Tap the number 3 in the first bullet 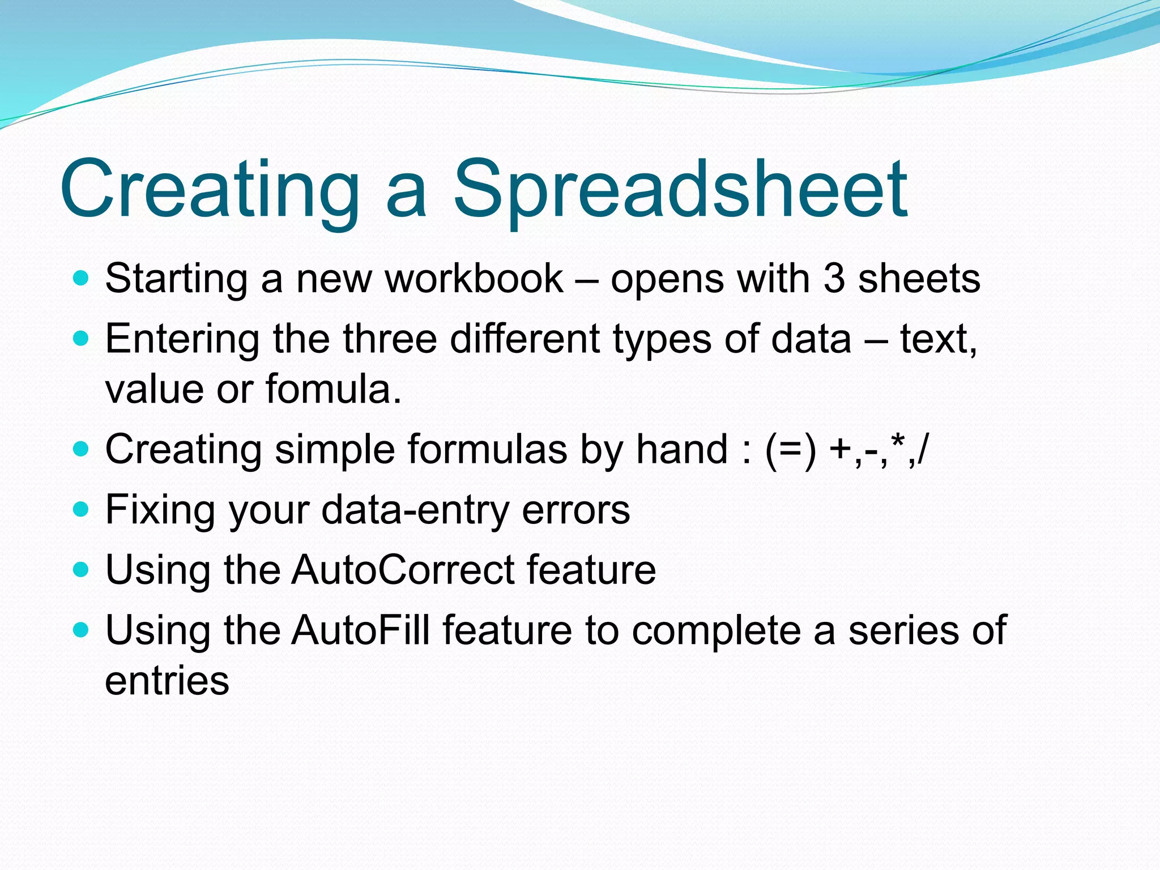834,279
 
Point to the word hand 682,450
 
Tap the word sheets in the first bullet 919,279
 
